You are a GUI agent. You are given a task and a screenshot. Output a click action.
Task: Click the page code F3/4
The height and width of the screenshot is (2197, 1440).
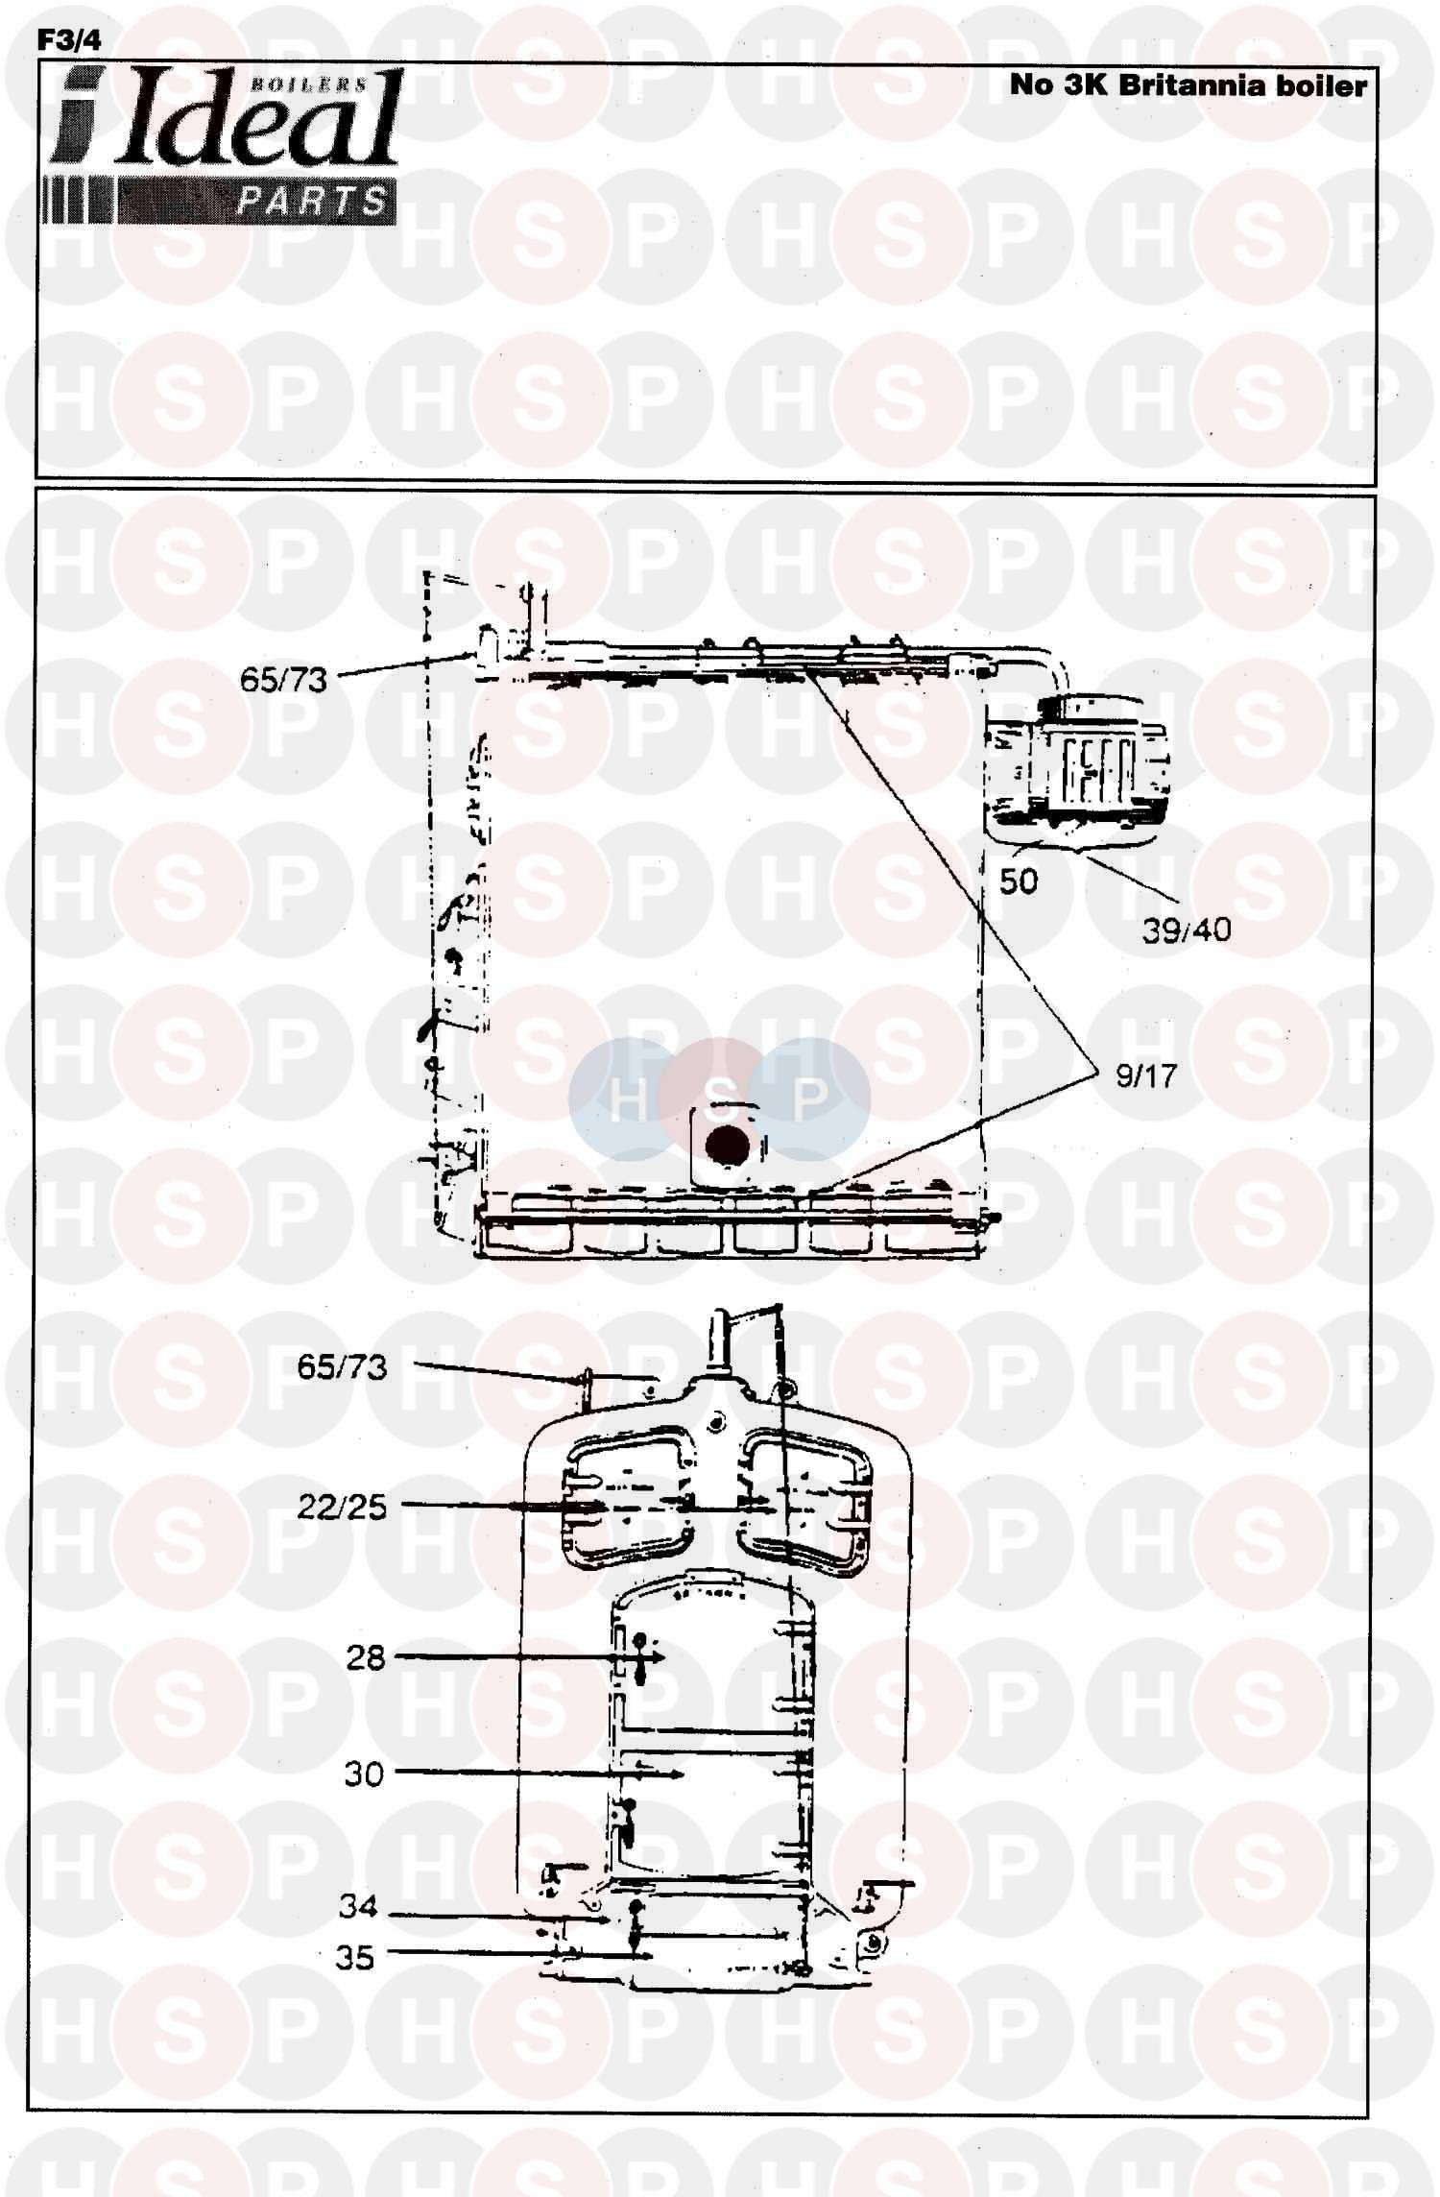click(x=68, y=40)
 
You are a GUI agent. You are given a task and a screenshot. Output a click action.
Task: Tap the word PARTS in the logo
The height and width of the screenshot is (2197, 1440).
click(x=312, y=202)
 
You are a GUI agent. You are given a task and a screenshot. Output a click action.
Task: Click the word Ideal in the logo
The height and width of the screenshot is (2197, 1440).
click(x=259, y=120)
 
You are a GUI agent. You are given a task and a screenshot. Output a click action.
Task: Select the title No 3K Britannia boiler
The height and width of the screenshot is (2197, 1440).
click(x=1188, y=85)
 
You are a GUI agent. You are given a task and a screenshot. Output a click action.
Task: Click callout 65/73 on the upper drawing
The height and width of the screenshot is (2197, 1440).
click(x=283, y=680)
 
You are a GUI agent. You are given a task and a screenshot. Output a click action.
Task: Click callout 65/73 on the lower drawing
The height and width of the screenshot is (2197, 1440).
click(x=342, y=1366)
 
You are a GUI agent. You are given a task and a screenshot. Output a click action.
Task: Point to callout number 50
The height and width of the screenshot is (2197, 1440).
click(x=1019, y=881)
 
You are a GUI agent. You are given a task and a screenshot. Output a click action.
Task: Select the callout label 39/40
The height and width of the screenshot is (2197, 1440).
click(x=1187, y=929)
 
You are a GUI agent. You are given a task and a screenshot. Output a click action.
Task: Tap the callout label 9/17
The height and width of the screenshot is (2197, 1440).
click(x=1145, y=1075)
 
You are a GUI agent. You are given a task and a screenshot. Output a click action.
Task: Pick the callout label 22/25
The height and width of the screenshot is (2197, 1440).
click(x=342, y=1507)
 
